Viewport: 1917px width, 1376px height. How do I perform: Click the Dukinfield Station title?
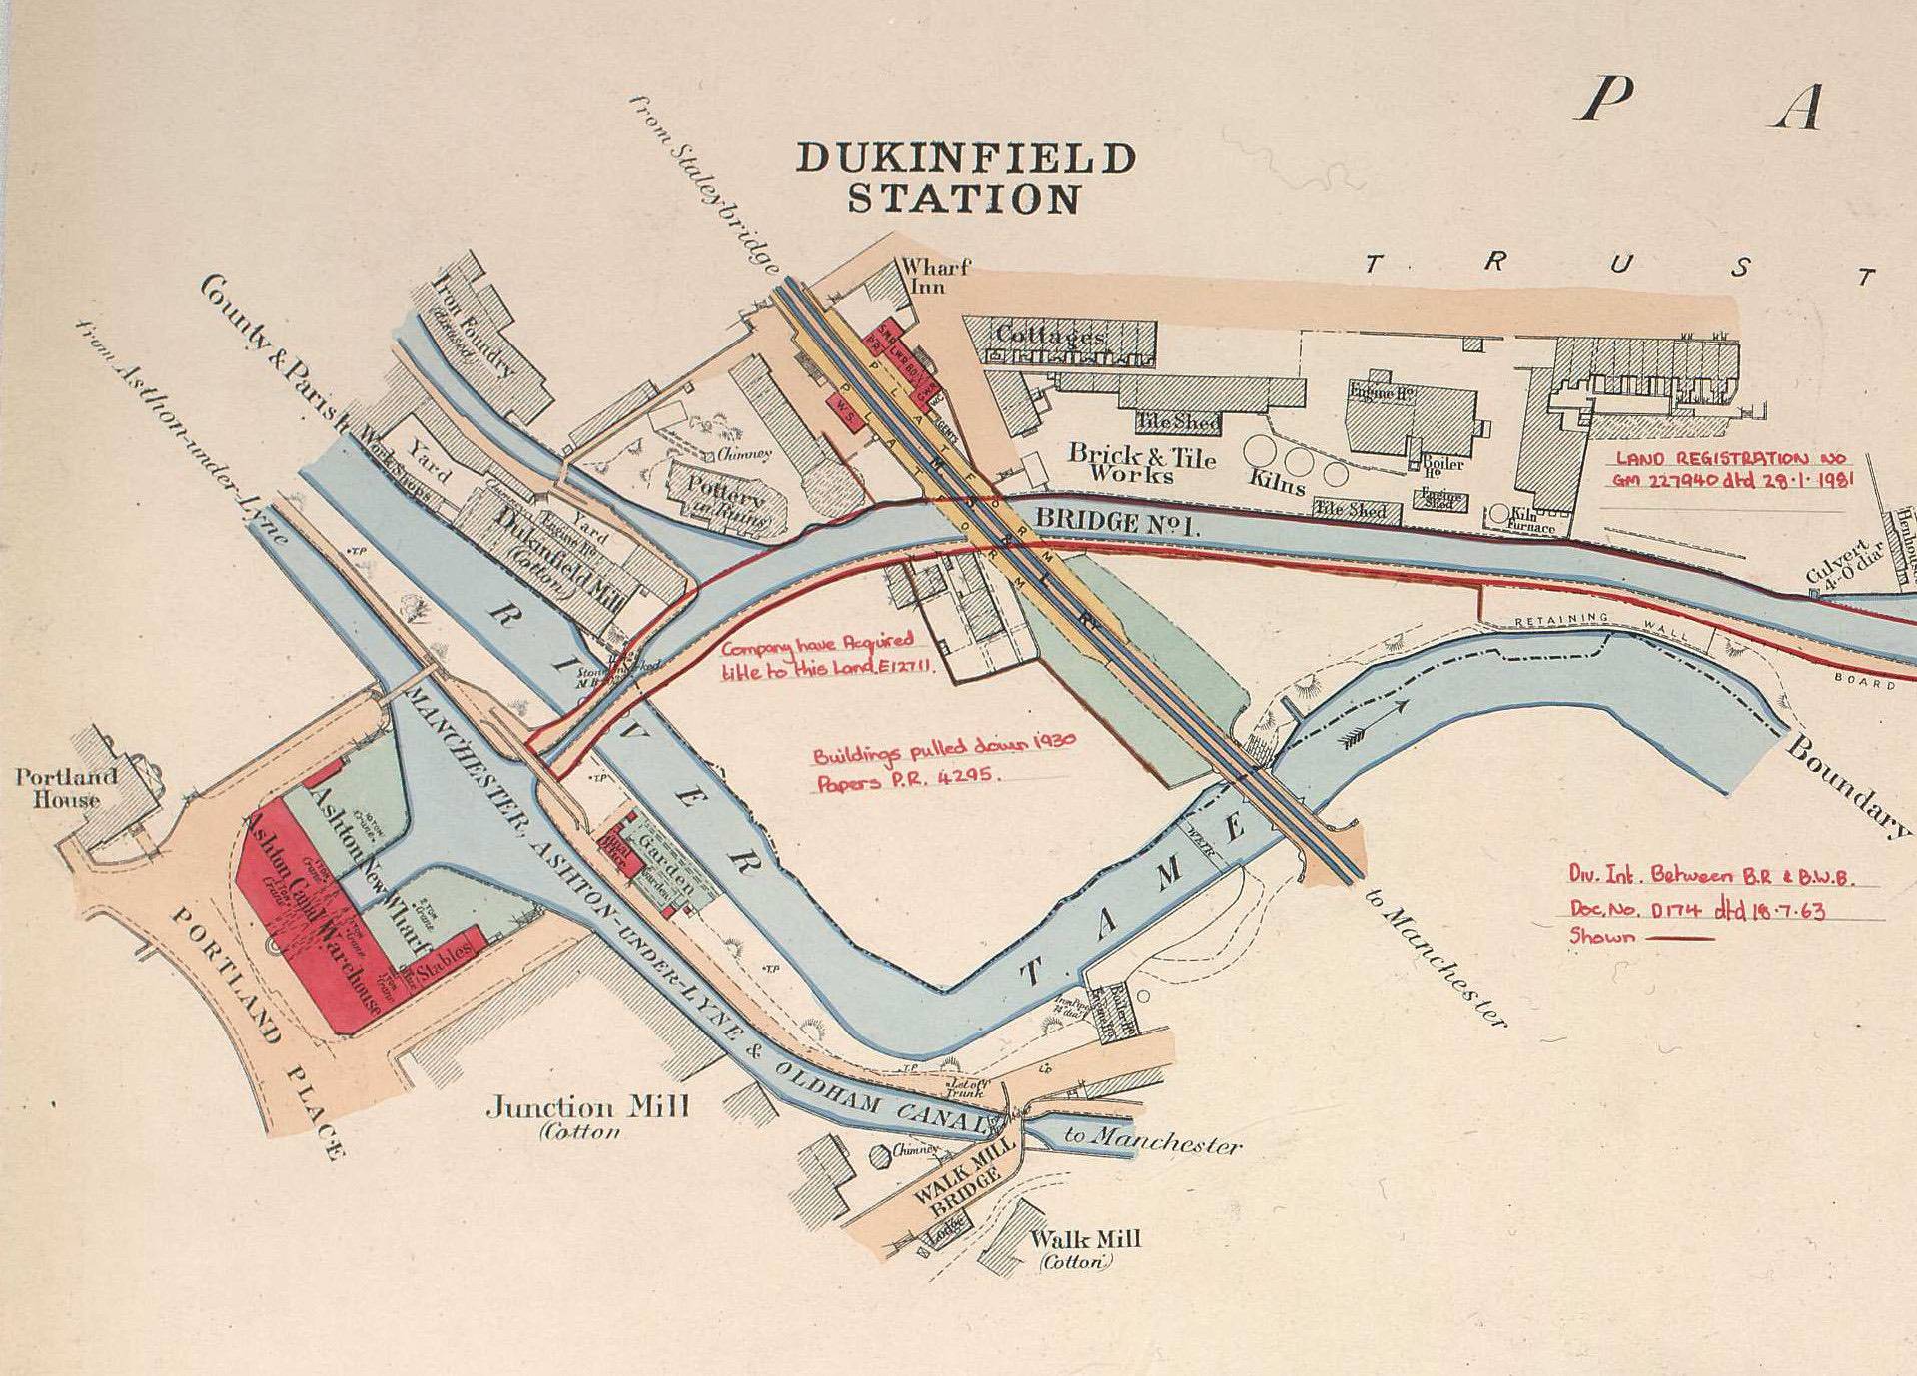coord(965,179)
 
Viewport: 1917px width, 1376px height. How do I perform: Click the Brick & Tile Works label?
coord(1142,464)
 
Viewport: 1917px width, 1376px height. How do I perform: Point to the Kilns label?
coord(1277,484)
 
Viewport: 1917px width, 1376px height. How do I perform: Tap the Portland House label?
coord(66,788)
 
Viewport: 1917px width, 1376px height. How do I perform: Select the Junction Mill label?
coord(587,1108)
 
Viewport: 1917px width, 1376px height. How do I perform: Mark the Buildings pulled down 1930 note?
coord(944,769)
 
